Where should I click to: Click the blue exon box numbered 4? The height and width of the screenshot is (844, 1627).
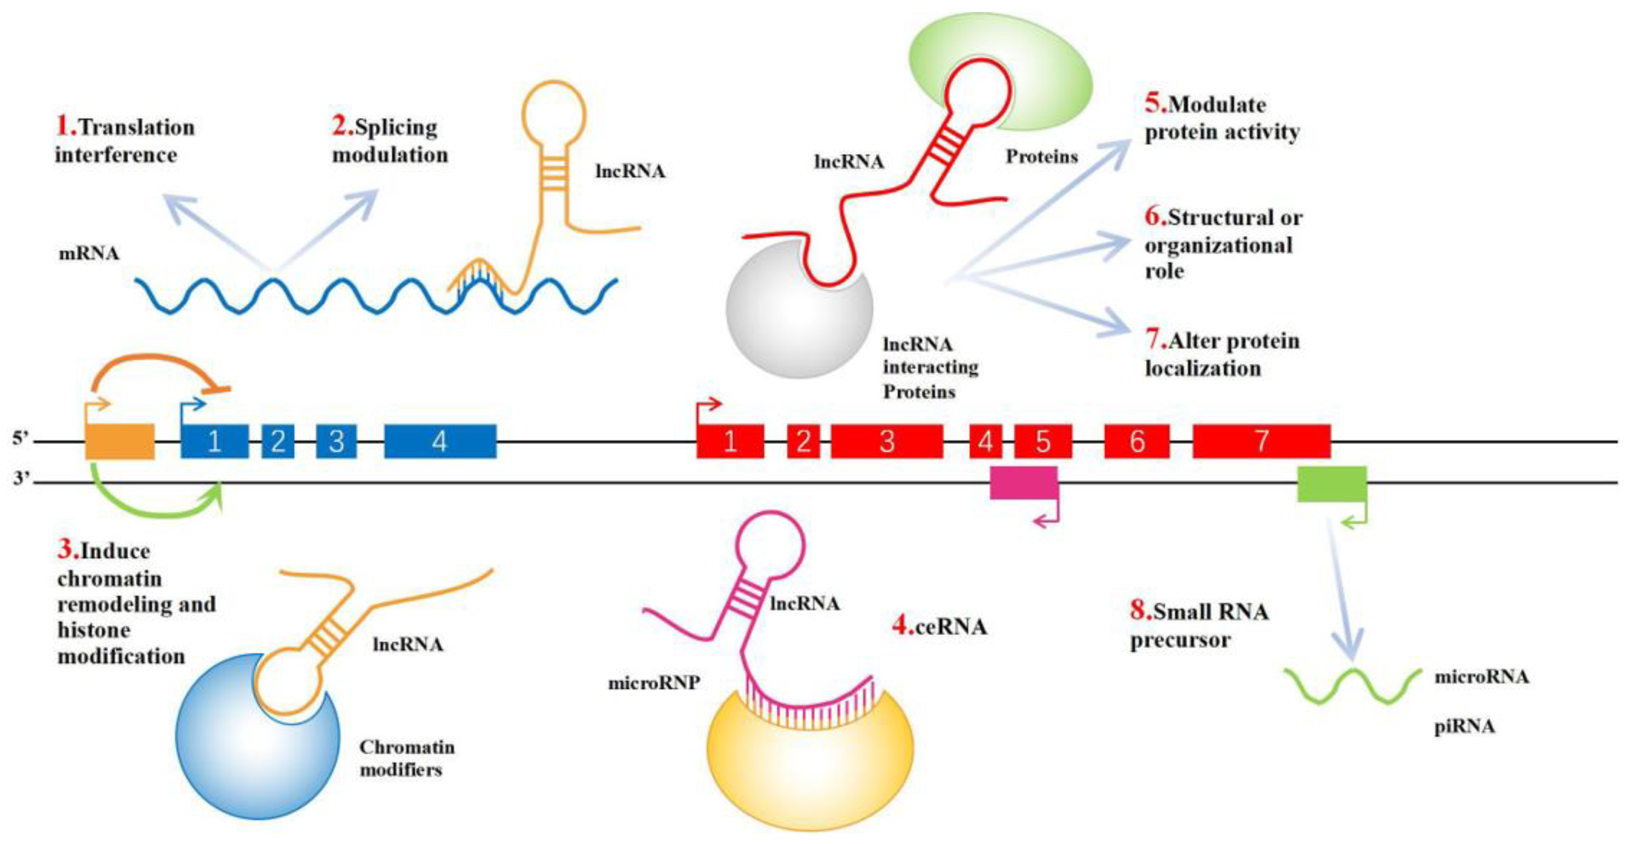440,441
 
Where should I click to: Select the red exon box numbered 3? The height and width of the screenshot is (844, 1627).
887,441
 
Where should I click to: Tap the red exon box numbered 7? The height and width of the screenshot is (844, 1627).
1261,441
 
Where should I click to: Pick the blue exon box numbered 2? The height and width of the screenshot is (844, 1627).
278,441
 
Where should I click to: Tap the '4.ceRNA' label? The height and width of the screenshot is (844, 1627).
939,626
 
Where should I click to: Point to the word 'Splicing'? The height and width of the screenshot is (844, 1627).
396,127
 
